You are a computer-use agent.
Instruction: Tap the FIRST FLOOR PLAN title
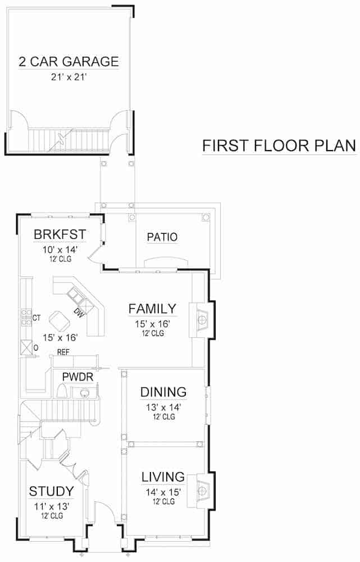coord(279,146)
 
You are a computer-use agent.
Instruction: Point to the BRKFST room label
coord(55,234)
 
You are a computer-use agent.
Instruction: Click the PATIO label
coord(162,237)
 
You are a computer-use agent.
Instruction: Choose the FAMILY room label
coord(152,309)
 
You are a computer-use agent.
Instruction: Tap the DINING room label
coord(163,392)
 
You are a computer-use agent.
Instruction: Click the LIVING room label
coord(163,477)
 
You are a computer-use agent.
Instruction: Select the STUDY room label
coord(51,492)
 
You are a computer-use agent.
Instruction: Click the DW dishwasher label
coord(79,312)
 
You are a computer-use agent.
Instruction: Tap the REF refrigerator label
coord(62,352)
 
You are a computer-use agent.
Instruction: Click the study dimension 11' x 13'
coord(51,506)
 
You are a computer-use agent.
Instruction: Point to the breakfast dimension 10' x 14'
coord(55,249)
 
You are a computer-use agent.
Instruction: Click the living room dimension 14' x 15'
coord(163,492)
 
